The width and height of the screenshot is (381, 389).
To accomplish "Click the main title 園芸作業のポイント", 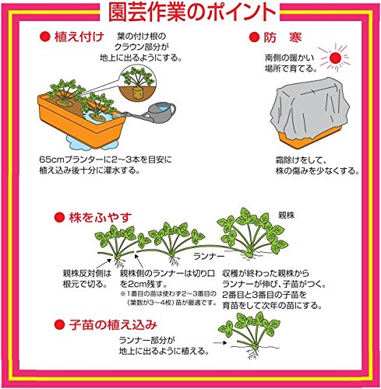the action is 192,13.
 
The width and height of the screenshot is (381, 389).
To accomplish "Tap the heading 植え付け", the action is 79,37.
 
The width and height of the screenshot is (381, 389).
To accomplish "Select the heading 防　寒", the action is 283,37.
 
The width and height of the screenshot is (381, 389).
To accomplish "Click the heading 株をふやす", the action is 101,217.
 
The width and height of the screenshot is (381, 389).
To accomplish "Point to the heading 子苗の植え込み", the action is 113,324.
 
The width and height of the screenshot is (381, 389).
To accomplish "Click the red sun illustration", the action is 335,58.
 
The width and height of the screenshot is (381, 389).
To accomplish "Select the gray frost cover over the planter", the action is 309,108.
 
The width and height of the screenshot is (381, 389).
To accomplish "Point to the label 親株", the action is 286,216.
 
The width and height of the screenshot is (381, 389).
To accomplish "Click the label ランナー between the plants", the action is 209,257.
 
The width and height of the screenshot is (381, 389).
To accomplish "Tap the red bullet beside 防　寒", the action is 254,37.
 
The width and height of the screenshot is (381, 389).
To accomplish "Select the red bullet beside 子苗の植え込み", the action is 59,324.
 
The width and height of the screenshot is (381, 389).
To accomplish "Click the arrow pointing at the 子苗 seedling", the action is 220,342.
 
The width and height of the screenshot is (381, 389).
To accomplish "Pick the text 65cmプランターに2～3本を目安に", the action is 105,159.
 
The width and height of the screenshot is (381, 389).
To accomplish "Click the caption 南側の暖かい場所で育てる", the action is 291,63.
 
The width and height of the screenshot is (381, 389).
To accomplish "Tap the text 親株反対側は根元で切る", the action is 86,279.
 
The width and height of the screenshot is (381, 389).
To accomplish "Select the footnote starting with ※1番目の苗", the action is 168,298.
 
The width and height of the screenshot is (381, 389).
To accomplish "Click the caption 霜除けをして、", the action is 301,160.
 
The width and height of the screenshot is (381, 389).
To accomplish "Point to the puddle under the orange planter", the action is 91,142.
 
